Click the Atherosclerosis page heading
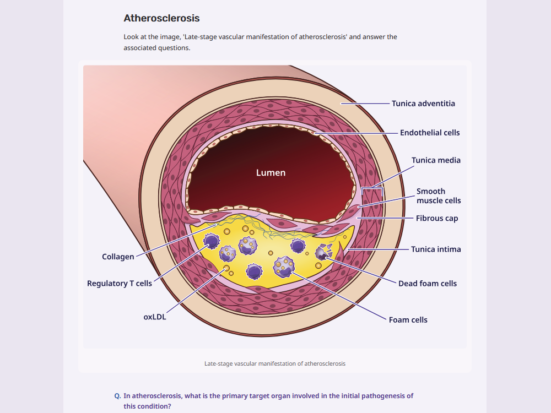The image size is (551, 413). pyautogui.click(x=161, y=18)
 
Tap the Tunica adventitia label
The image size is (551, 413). pyautogui.click(x=423, y=104)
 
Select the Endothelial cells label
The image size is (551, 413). pyautogui.click(x=430, y=133)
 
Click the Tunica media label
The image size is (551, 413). pyautogui.click(x=436, y=160)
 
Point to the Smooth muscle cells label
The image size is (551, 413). pyautogui.click(x=439, y=196)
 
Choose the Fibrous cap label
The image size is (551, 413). pyautogui.click(x=437, y=219)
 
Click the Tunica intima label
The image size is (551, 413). pyautogui.click(x=436, y=249)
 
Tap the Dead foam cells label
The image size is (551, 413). pyautogui.click(x=428, y=284)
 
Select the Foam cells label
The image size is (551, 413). pyautogui.click(x=408, y=320)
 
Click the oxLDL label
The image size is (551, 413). pyautogui.click(x=155, y=317)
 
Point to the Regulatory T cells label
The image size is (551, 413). pyautogui.click(x=120, y=284)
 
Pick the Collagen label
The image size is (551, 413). pyautogui.click(x=118, y=257)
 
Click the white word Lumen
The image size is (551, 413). pyautogui.click(x=271, y=173)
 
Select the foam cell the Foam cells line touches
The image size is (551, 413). pyautogui.click(x=284, y=267)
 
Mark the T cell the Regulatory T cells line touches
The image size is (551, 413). pyautogui.click(x=212, y=241)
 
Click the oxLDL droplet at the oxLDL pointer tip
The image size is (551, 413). pyautogui.click(x=226, y=268)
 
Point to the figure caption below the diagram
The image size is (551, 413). pyautogui.click(x=275, y=364)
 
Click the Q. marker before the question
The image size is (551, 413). pyautogui.click(x=117, y=396)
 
